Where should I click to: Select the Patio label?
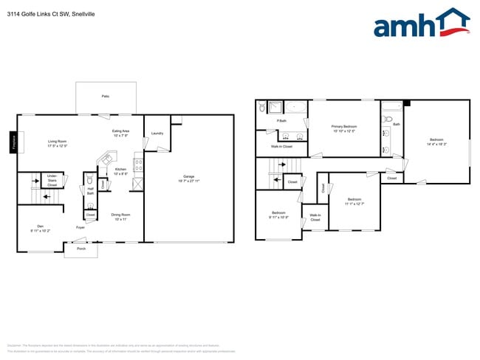point(106,97)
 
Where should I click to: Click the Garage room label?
point(189,177)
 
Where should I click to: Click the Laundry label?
point(157,134)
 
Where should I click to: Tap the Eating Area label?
point(121,131)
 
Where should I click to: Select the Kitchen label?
point(120,169)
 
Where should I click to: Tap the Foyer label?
point(80,227)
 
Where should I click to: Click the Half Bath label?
point(90,190)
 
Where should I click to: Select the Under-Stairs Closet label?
point(52,180)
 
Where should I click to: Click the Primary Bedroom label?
point(344,127)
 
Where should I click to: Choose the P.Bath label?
point(281,121)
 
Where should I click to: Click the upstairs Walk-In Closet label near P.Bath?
point(281,146)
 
